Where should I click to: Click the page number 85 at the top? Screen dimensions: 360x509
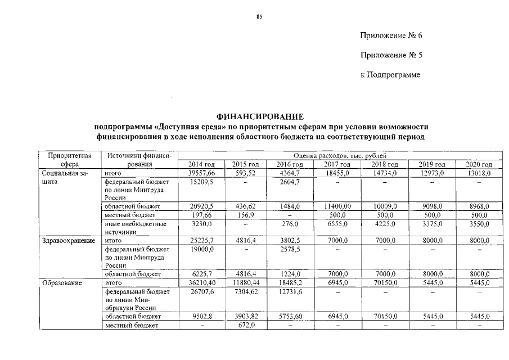259,17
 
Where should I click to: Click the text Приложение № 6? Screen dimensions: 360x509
391,36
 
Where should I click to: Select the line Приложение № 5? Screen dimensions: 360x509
391,55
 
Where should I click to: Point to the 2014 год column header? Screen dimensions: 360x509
201,164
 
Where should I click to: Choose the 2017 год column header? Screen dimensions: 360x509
338,164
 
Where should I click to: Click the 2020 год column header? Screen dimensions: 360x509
479,164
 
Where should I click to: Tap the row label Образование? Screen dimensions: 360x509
62,283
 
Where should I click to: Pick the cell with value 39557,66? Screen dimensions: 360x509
201,173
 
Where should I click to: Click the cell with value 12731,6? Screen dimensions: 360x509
290,292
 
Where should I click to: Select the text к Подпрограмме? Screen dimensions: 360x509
390,75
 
